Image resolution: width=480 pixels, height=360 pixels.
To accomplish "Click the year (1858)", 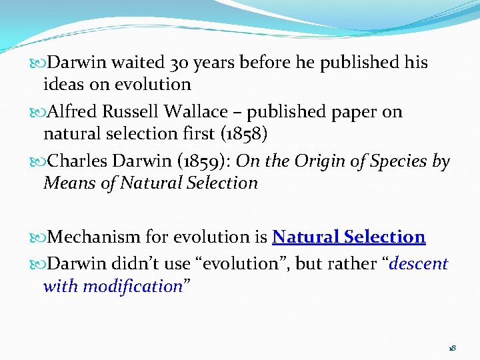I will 243,134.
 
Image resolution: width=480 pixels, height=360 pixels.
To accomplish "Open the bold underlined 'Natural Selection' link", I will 349,237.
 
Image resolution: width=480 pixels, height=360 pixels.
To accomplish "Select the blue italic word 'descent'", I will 419,264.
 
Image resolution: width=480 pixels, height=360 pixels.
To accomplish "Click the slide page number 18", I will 452,348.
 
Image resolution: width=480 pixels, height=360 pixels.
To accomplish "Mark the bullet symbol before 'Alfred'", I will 42,112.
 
